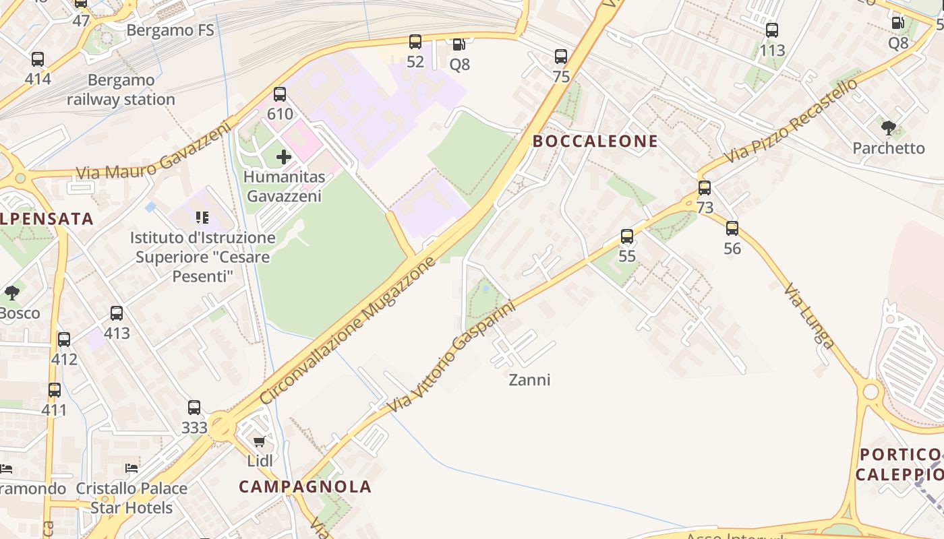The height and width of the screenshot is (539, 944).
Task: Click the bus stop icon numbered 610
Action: [280, 94]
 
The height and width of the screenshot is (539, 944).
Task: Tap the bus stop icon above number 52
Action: [415, 42]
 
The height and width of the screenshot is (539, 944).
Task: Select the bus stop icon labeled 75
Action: [561, 57]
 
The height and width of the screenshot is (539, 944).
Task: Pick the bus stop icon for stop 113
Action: [772, 30]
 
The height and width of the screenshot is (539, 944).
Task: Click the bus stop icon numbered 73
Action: [705, 188]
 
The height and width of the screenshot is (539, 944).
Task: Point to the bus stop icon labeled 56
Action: [732, 228]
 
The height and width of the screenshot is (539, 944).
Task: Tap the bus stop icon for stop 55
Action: [627, 236]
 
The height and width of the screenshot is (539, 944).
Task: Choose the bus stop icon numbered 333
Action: [194, 408]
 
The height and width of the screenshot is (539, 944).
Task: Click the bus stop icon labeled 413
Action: [117, 313]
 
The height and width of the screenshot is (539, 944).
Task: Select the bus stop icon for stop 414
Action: [38, 59]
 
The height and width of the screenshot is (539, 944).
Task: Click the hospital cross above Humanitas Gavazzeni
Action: [284, 157]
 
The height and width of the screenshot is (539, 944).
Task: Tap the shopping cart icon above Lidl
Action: [260, 442]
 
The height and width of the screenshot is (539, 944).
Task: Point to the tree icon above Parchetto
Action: [889, 127]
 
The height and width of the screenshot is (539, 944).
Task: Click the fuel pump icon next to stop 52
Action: [459, 44]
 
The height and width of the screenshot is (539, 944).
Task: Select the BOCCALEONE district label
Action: [595, 141]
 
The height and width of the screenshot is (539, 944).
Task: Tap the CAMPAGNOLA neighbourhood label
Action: [305, 486]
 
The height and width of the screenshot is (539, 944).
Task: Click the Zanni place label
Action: [529, 380]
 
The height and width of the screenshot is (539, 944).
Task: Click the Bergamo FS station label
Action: [170, 30]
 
